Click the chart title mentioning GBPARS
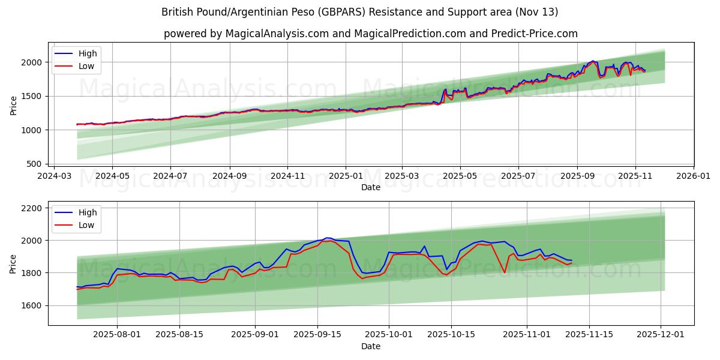360,12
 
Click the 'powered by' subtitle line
371,34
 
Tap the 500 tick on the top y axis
36,164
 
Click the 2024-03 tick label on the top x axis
55,177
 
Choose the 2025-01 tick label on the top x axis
346,177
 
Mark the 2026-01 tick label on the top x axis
694,177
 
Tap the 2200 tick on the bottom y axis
32,208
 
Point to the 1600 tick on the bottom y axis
32,305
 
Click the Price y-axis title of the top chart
13,105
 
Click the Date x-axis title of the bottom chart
371,347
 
